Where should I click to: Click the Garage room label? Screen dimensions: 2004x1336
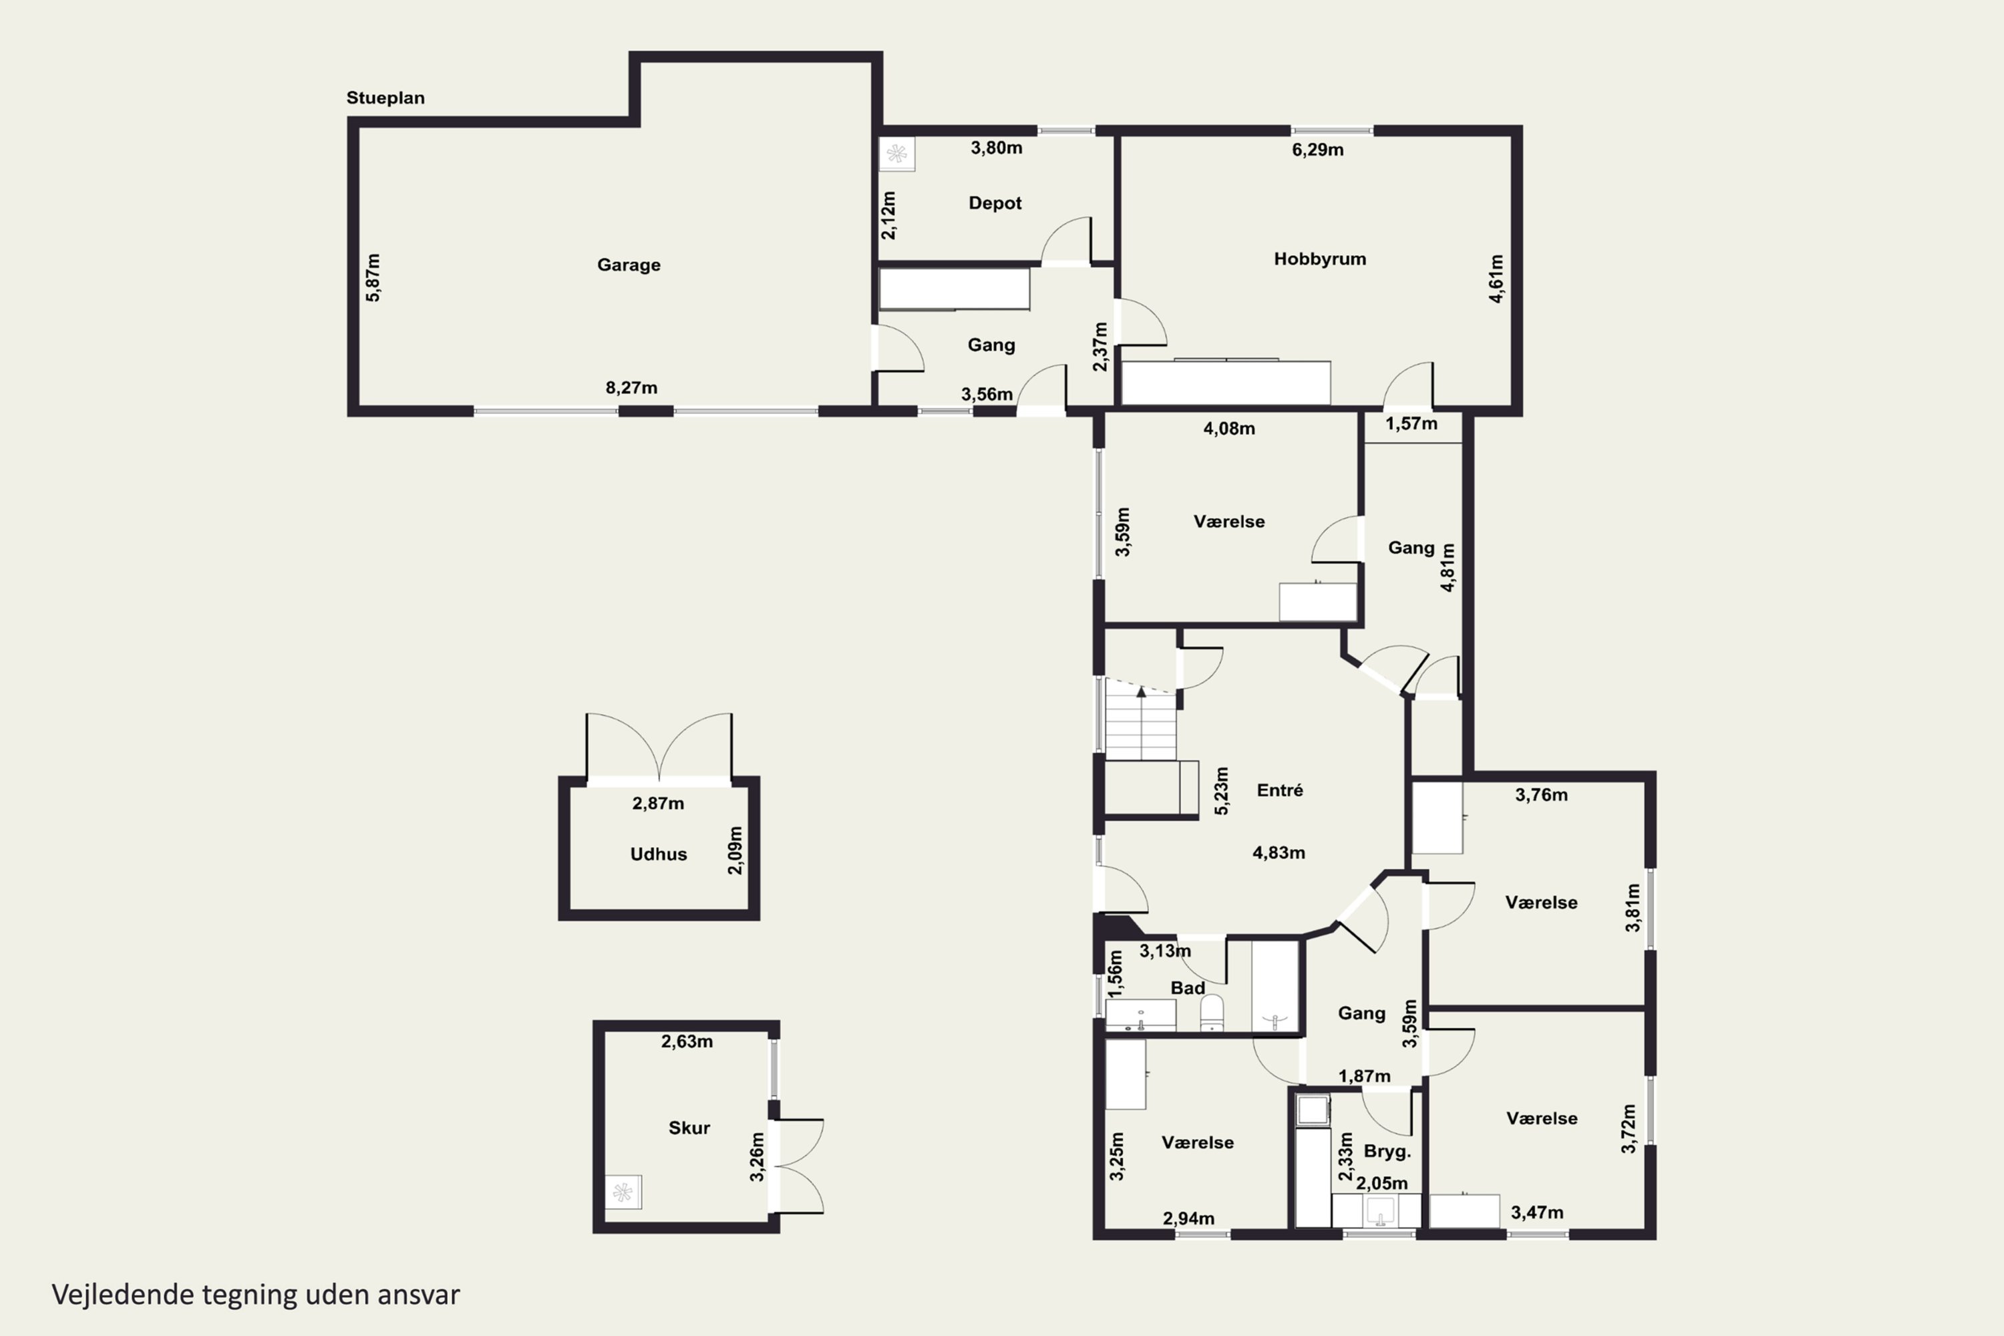click(629, 265)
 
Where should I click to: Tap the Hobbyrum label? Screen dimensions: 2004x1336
click(1320, 259)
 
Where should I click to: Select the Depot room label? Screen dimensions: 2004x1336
click(995, 204)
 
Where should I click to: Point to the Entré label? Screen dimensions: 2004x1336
click(1280, 790)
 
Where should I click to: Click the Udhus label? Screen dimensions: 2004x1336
click(659, 854)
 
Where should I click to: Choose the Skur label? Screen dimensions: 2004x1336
click(689, 1128)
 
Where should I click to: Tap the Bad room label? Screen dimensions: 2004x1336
click(1188, 987)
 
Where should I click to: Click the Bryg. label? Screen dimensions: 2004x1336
click(1387, 1152)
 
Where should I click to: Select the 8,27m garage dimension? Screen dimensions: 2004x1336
click(631, 387)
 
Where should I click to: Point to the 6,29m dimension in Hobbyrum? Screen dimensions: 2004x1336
click(1318, 150)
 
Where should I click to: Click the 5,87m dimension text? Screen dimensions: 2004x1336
click(373, 277)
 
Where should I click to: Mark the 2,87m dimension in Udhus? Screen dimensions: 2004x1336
click(658, 804)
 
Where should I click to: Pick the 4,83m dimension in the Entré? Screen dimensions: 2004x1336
click(1279, 853)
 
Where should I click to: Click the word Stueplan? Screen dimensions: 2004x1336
click(385, 98)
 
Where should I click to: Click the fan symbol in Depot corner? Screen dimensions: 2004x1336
click(896, 154)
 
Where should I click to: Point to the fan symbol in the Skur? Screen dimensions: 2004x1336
click(623, 1192)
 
